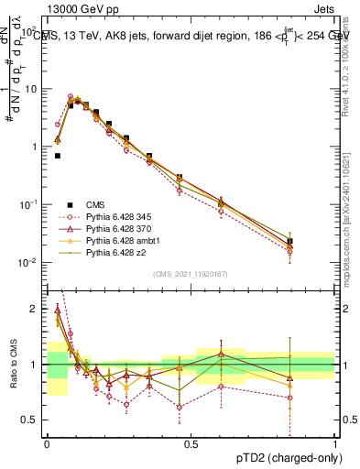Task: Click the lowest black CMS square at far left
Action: (x=58, y=156)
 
